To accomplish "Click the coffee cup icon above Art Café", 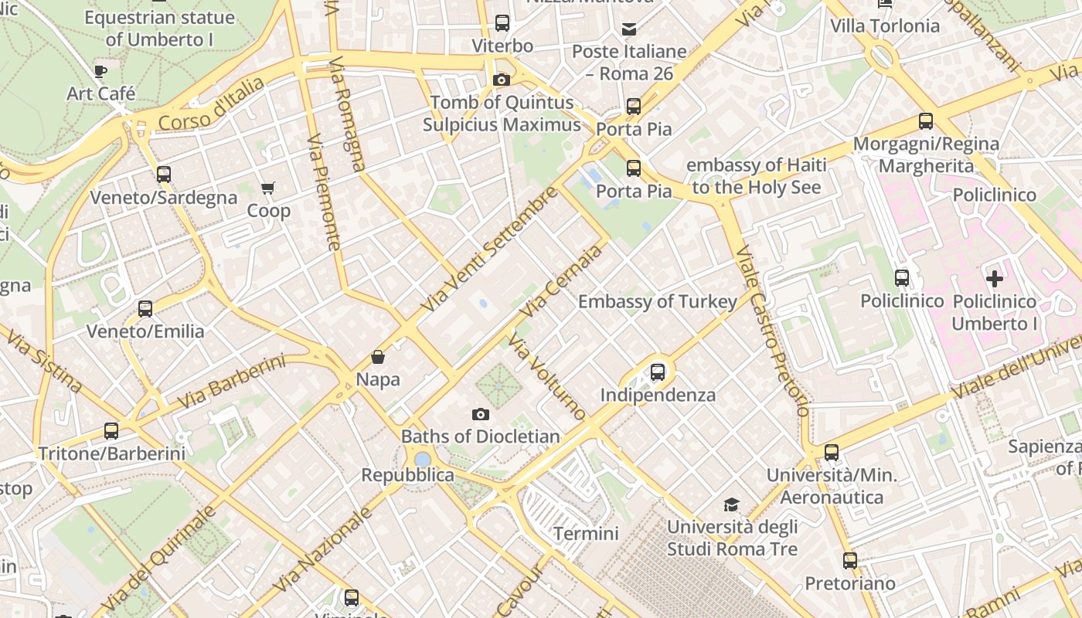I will click(100, 72).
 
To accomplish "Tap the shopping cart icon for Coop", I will click(268, 188).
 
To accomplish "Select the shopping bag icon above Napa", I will click(378, 357).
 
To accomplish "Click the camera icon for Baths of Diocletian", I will click(481, 415).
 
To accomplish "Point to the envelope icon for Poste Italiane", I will click(629, 29).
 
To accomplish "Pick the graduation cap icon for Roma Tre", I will click(731, 505).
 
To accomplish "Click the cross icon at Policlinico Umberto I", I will click(995, 278).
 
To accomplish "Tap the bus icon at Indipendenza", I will click(658, 372).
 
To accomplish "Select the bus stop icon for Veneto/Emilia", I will click(145, 309).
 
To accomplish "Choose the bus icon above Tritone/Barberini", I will click(111, 431).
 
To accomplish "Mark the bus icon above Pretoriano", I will click(850, 561).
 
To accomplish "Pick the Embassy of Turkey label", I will click(657, 301).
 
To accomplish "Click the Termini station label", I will click(586, 534).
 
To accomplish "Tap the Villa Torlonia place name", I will click(885, 26).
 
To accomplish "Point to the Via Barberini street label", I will click(232, 382).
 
